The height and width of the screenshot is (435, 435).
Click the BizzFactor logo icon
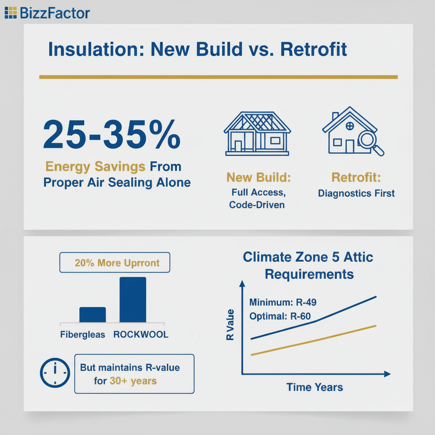point(11,13)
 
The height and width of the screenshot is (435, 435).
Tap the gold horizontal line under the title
point(218,77)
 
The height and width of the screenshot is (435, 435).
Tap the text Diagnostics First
point(356,193)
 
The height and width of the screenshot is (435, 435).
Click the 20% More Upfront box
point(115,263)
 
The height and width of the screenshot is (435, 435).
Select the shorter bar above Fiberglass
point(93,314)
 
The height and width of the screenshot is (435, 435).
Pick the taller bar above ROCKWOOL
point(133,299)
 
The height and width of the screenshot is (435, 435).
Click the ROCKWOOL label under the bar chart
point(141,335)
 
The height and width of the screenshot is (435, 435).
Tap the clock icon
point(54,372)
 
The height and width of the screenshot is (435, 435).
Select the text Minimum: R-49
point(282,302)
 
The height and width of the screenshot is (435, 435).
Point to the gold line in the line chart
point(314,340)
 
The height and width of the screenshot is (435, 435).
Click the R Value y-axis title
point(230,325)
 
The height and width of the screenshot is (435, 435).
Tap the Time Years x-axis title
point(314,387)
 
